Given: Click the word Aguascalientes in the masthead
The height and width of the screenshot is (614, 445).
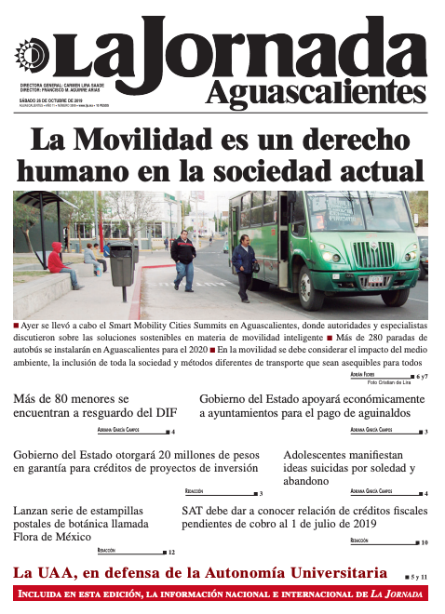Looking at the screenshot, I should (313, 93).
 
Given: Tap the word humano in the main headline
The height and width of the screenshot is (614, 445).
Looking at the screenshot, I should (82, 172).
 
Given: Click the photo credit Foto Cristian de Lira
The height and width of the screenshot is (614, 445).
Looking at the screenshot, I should (388, 382).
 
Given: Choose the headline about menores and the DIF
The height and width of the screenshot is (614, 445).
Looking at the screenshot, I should (93, 407).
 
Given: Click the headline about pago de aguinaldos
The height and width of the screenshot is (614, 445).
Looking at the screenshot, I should (312, 407).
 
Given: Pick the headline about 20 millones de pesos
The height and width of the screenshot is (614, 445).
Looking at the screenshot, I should (136, 460).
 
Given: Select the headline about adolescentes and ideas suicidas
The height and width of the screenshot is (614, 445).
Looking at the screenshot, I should (349, 468).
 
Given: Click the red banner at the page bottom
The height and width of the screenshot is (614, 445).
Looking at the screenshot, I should (222, 595).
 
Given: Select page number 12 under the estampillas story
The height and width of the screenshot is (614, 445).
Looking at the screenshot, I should (171, 553).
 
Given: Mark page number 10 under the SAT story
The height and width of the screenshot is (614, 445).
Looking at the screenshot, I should (425, 542).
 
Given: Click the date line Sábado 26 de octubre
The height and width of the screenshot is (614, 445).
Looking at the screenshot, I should (51, 97).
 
